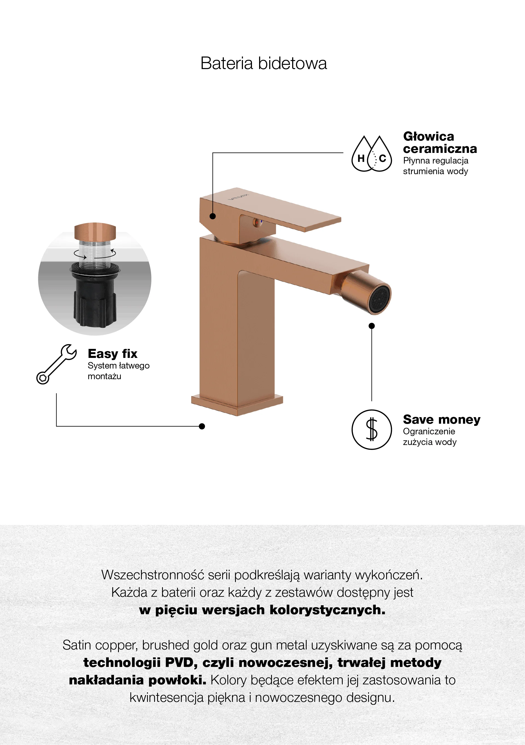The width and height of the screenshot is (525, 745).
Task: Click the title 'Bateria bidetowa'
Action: (x=263, y=63)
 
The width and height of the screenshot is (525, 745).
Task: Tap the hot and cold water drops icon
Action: (x=372, y=154)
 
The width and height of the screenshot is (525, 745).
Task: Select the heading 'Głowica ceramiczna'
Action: (x=440, y=143)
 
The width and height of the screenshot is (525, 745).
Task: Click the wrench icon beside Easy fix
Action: (x=57, y=364)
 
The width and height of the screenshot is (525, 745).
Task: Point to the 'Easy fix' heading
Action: (x=112, y=353)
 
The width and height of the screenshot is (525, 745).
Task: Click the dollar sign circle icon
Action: (x=372, y=430)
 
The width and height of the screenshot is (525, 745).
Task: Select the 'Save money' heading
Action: (x=441, y=419)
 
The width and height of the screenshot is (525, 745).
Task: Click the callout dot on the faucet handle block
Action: (x=213, y=216)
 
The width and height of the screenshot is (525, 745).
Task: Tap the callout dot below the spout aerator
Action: (x=372, y=326)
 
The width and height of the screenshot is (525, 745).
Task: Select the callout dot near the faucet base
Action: (x=202, y=426)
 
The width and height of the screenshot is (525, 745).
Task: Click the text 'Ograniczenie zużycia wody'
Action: (x=430, y=437)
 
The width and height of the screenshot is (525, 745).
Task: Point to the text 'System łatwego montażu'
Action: (x=119, y=370)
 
